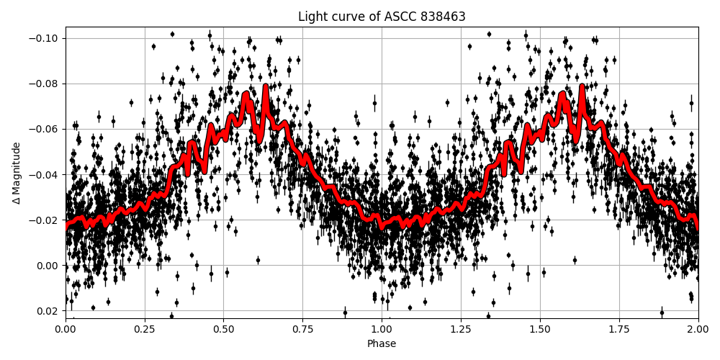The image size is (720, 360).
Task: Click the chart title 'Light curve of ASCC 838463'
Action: [x=382, y=17]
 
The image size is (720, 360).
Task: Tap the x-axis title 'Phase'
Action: [x=382, y=344]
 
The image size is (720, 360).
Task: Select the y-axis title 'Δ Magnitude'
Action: [x=17, y=173]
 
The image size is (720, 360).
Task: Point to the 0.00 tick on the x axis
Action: [x=66, y=329]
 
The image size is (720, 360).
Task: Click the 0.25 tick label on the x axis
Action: [x=145, y=329]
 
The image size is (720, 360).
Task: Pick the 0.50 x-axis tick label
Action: [x=224, y=329]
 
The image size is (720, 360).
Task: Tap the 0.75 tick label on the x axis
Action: [x=302, y=329]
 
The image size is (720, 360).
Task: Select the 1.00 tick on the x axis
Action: [x=382, y=329]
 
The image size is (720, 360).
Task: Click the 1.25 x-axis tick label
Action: [x=461, y=329]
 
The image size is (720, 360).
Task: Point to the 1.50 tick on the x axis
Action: [x=540, y=329]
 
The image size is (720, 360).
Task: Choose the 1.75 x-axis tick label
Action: [x=619, y=329]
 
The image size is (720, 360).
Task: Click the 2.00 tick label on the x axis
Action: [x=698, y=329]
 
